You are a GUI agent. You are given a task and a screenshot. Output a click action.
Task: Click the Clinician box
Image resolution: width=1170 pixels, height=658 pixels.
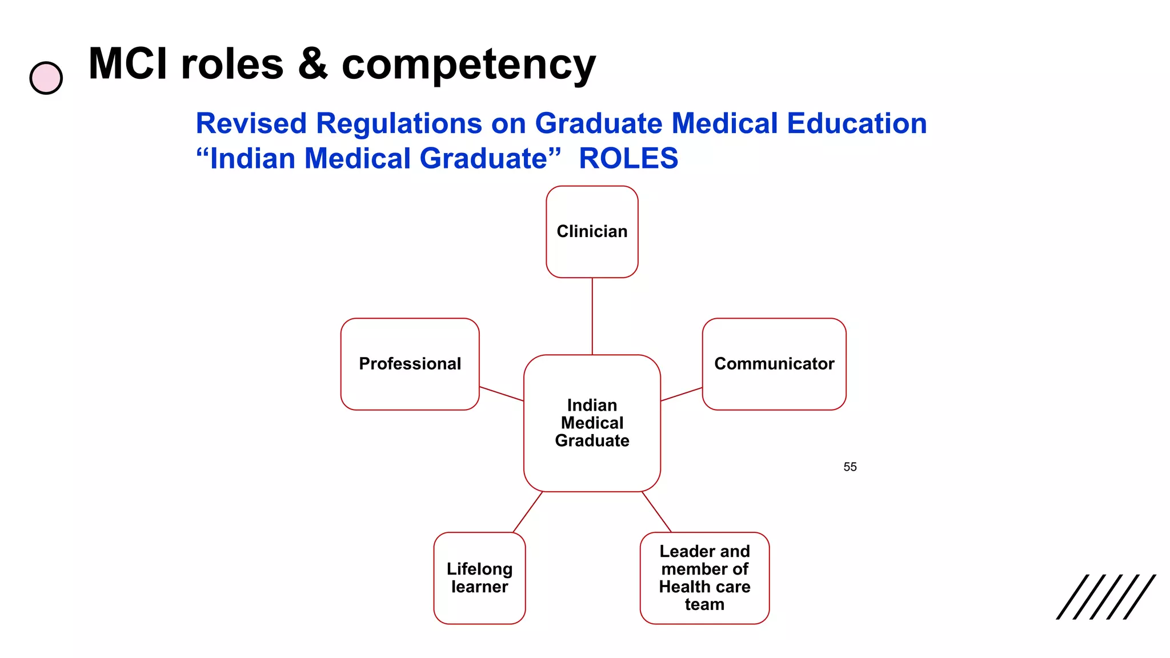592,231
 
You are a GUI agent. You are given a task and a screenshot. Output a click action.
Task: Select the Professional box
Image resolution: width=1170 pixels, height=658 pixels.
410,364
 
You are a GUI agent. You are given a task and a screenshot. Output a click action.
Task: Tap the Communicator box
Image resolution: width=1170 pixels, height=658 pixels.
774,364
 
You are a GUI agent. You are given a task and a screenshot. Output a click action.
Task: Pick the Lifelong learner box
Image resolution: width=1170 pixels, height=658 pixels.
479,577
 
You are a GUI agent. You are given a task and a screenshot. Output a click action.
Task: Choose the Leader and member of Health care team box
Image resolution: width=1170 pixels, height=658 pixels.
704,577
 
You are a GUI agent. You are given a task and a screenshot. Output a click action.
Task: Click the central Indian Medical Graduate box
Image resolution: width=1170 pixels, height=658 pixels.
592,423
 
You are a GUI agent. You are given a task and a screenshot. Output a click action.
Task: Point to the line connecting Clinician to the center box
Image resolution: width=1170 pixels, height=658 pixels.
592,316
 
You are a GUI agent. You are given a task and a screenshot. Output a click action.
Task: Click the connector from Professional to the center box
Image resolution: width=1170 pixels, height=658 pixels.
501,394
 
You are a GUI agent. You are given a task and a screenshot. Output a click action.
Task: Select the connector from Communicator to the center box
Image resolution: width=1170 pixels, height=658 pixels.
681,394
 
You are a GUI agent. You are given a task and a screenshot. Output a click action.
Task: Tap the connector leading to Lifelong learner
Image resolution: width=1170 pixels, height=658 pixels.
527,512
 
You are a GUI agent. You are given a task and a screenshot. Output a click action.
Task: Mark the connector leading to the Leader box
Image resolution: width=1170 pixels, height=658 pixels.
656,512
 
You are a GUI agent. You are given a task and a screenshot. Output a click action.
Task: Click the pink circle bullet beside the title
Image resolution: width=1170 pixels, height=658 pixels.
46,78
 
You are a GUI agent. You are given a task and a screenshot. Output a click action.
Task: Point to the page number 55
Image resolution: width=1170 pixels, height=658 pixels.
850,467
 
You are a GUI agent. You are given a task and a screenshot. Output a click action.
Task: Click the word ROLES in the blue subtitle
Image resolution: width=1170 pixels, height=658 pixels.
628,158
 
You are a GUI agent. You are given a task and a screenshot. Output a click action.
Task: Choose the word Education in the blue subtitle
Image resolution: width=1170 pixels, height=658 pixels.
856,123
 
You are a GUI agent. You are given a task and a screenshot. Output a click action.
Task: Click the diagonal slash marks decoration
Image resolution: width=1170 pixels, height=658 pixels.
1105,596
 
